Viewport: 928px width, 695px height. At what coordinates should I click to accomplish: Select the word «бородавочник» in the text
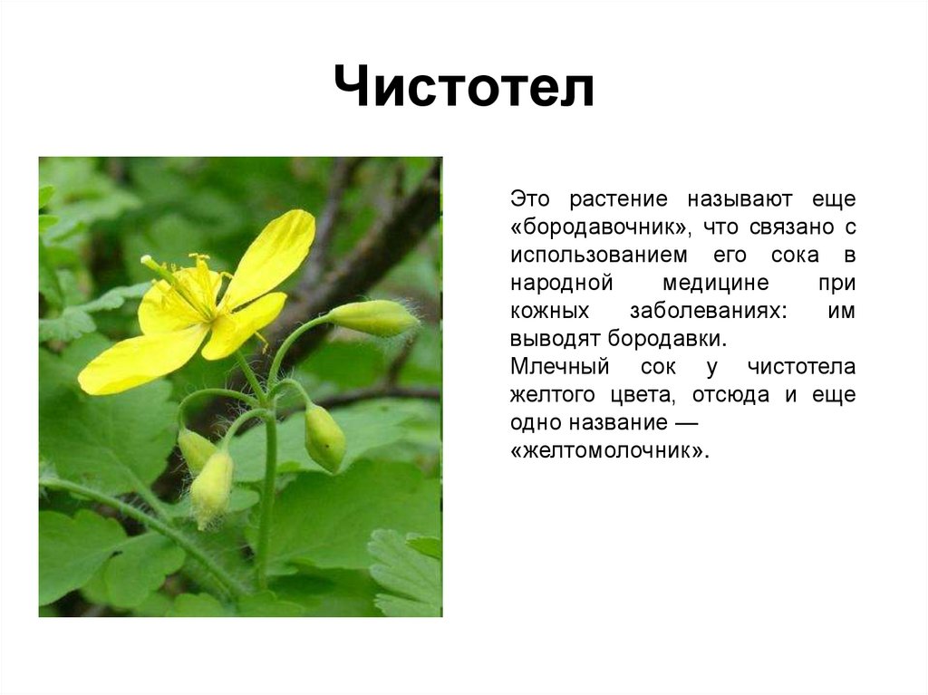600,227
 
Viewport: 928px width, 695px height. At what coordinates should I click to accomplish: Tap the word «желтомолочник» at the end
609,451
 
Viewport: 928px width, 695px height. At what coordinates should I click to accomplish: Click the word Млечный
560,367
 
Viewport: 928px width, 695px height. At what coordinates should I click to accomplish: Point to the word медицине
716,283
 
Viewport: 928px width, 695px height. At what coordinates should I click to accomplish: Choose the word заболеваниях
709,312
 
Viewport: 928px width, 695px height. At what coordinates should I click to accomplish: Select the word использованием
599,256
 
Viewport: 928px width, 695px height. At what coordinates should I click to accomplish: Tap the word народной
562,284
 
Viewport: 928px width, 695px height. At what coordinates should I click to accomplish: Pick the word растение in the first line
618,199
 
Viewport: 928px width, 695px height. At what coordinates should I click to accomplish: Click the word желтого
552,395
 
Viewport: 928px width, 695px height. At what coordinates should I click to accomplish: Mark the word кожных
550,312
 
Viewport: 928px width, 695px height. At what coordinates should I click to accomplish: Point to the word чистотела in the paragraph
801,367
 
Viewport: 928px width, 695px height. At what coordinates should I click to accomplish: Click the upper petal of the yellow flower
272,256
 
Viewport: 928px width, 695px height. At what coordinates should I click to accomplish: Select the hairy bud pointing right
372,317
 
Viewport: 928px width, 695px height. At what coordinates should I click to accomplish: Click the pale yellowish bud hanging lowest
211,488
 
